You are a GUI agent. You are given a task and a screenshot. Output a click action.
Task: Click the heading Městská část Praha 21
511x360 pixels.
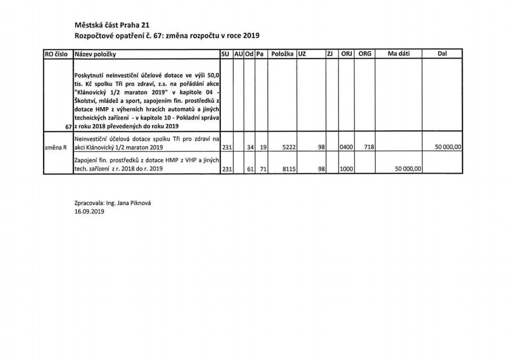point(112,26)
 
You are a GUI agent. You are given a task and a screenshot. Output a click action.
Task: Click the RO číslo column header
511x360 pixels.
point(57,54)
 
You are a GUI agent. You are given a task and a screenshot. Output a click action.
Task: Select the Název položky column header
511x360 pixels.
point(96,54)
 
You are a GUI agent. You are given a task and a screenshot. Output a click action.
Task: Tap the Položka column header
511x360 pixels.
point(282,54)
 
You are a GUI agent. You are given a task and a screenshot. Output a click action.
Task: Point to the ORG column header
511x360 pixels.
point(365,54)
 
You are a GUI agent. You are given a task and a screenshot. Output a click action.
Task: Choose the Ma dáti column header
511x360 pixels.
point(399,54)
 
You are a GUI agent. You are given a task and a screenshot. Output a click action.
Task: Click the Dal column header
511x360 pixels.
point(442,54)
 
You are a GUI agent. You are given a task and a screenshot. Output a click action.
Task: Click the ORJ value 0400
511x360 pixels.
point(347,148)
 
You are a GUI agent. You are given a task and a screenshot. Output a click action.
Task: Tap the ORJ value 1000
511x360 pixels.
point(347,169)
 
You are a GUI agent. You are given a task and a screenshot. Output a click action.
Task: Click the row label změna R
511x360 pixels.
point(55,148)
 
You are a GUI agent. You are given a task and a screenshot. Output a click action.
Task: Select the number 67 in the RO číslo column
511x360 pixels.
point(67,126)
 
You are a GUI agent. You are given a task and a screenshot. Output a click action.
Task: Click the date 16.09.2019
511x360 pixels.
point(89,211)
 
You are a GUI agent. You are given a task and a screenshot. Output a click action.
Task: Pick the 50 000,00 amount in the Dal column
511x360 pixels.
point(448,148)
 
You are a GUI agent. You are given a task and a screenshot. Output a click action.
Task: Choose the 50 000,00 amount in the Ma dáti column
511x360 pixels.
point(407,169)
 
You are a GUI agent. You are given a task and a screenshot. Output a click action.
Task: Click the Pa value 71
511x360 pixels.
point(263,169)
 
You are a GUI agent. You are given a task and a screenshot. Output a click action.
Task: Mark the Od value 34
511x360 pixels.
point(251,148)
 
